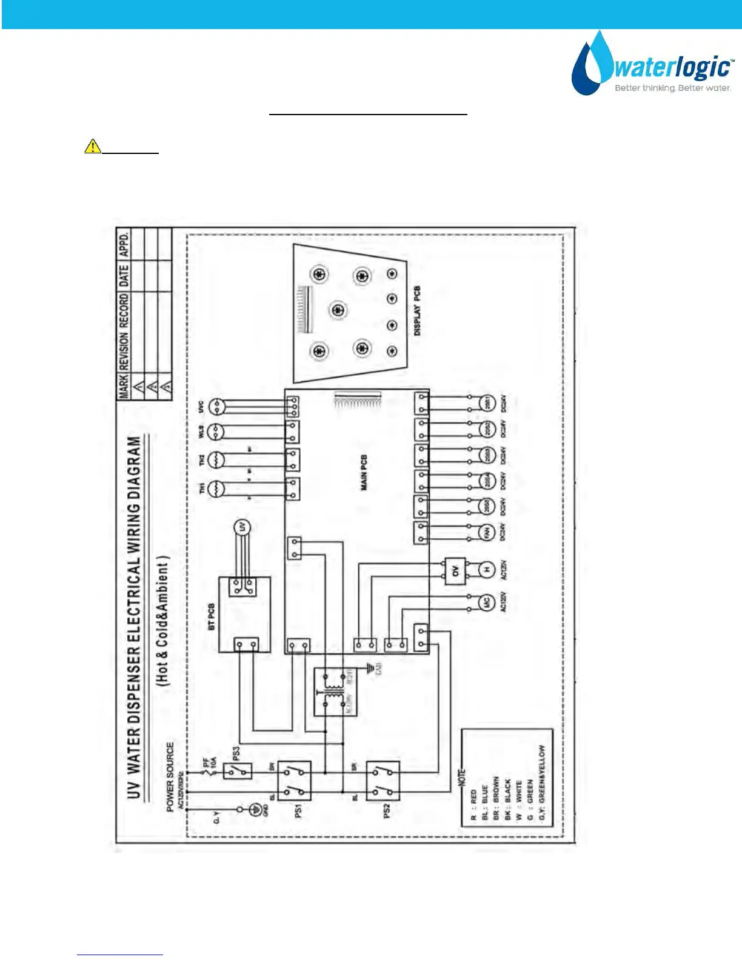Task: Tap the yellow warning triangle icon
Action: tap(93, 146)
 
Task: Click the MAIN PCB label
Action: tap(364, 473)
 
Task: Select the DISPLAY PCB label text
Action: tap(417, 311)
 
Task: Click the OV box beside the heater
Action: tap(456, 570)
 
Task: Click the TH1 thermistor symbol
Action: tap(216, 488)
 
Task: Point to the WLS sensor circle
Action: tap(216, 432)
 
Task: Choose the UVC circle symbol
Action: tap(216, 407)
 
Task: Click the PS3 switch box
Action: tap(238, 771)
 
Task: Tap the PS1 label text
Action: tap(298, 810)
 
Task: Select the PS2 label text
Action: tap(387, 810)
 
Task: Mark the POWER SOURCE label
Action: tap(170, 776)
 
